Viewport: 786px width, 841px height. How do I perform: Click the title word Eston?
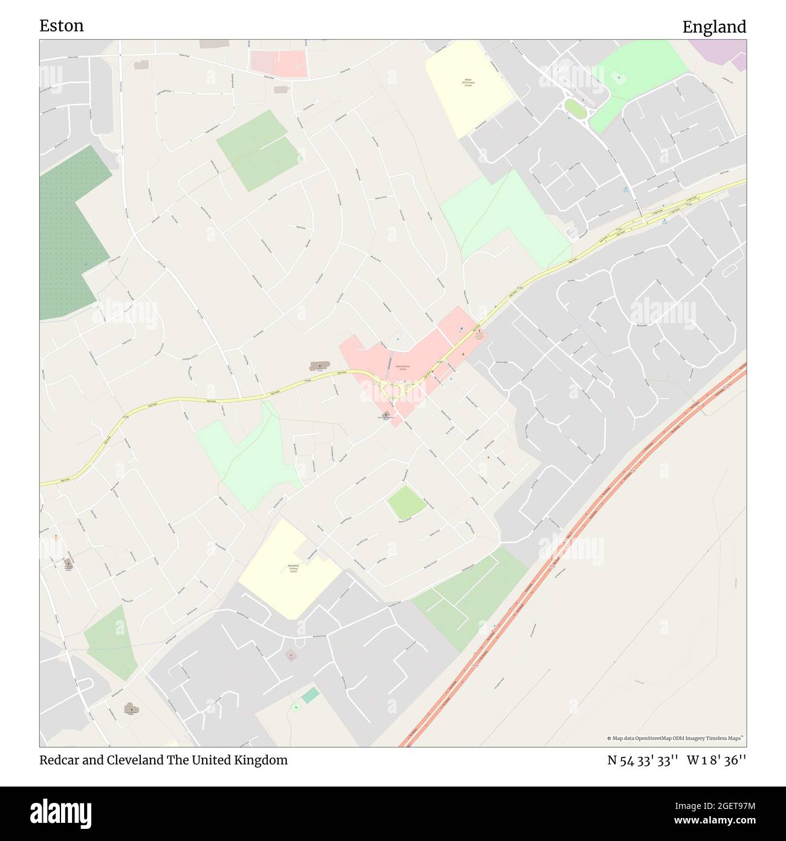[61, 25]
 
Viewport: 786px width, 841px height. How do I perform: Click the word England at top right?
[714, 27]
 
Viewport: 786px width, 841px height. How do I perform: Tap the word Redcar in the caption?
[59, 760]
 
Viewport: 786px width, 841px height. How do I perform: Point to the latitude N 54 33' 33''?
[643, 761]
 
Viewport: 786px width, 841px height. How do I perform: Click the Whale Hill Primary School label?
[468, 82]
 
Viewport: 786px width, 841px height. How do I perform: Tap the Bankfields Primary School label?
[293, 569]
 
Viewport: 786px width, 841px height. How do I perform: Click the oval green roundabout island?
[575, 109]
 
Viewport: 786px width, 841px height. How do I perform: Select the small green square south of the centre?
[406, 503]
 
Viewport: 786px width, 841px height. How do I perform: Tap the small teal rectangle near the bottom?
[310, 695]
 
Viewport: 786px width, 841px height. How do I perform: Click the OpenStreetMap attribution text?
[675, 738]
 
